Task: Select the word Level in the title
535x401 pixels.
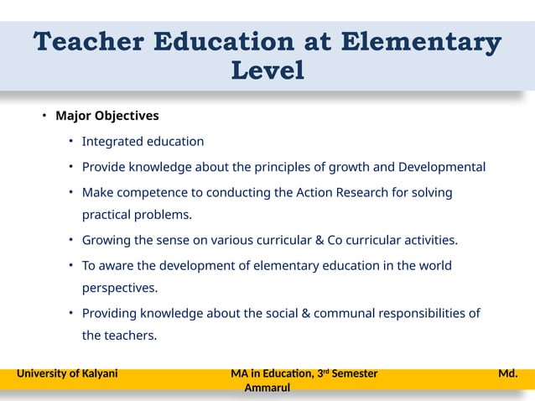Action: point(267,71)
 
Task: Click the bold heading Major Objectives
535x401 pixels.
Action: point(107,115)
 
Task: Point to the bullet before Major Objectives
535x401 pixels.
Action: point(45,115)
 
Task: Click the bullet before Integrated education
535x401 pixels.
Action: point(72,141)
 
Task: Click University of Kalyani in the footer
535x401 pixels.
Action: point(67,373)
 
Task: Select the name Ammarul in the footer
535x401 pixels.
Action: point(267,388)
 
